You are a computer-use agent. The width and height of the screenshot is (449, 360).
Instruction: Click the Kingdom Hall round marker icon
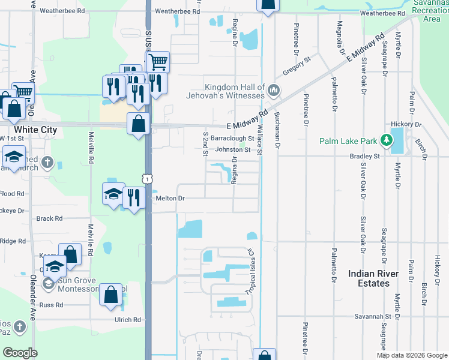pyautogui.click(x=274, y=91)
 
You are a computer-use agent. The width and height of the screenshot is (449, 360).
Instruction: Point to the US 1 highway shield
pyautogui.click(x=147, y=178)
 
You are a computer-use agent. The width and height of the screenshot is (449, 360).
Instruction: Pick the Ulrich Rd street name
pyautogui.click(x=128, y=320)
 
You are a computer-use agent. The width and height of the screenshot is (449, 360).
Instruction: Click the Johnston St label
pyautogui.click(x=232, y=149)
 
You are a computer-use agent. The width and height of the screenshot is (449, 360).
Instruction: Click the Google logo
pyautogui.click(x=20, y=353)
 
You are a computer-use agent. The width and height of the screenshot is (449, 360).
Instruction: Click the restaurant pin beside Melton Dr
pyautogui.click(x=134, y=198)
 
